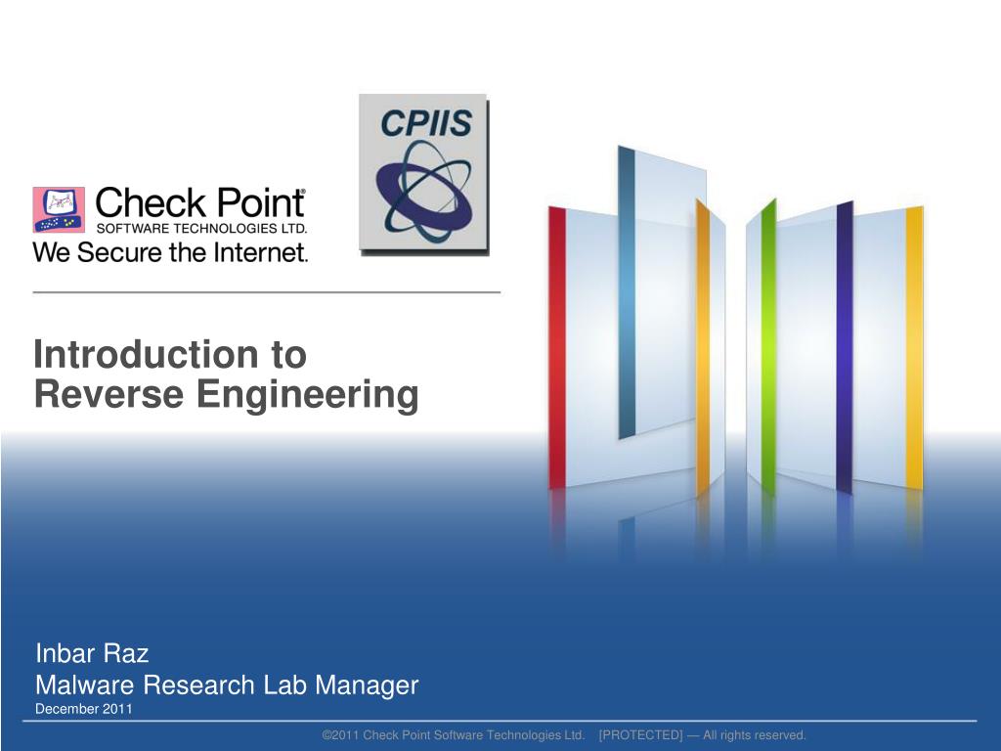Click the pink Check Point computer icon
coord(59,210)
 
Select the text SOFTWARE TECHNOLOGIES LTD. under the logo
coord(201,229)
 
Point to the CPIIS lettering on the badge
coord(425,123)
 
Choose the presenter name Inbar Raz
coord(92,653)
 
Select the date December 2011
coord(83,709)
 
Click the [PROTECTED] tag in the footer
coord(640,735)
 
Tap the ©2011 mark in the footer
coord(341,735)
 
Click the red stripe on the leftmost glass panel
coord(557,347)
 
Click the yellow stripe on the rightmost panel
coord(914,347)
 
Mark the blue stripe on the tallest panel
coord(627,293)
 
